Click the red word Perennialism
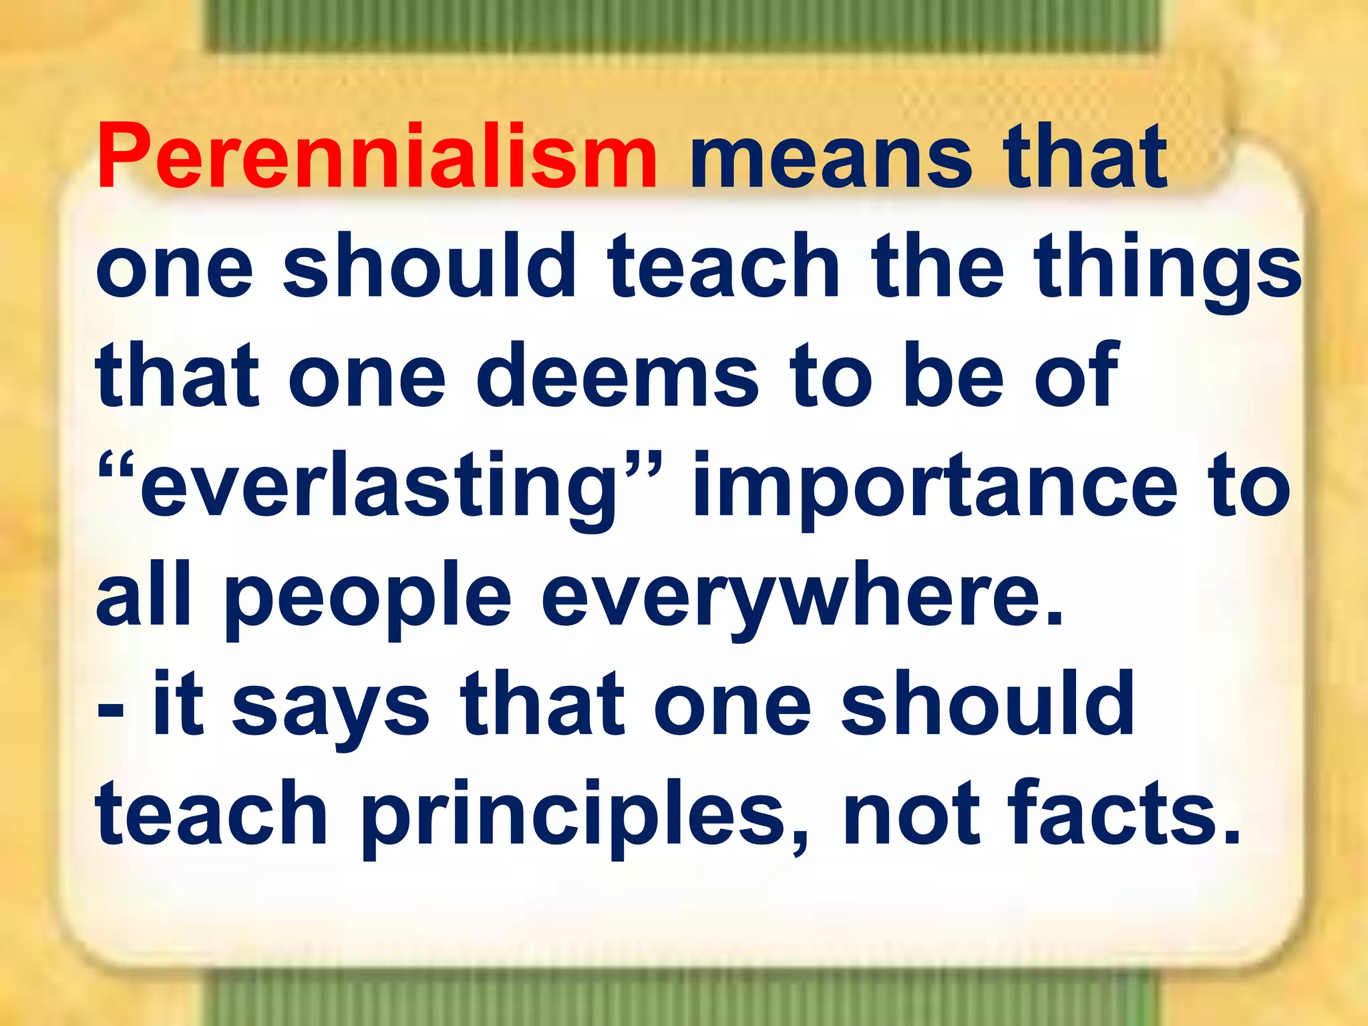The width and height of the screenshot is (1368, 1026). coord(377,158)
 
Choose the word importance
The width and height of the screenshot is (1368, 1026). coord(935,488)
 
